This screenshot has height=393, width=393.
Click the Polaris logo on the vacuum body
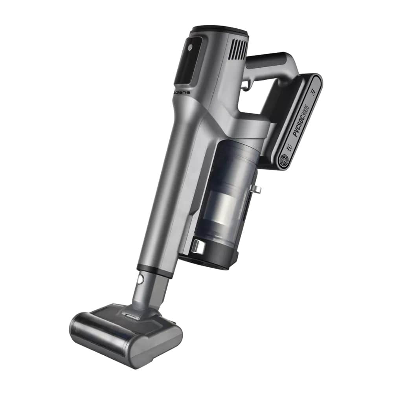pyautogui.click(x=182, y=92)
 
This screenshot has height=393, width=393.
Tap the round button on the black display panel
pyautogui.click(x=190, y=48)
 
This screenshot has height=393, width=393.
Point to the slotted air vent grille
pyautogui.click(x=239, y=49)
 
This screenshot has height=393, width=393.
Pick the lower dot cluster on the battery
pyautogui.click(x=290, y=147)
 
